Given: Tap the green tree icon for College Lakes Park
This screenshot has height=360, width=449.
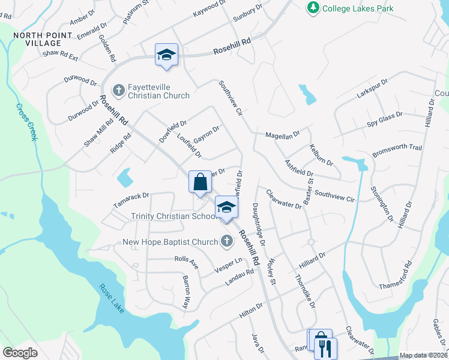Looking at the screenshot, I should tap(313, 8).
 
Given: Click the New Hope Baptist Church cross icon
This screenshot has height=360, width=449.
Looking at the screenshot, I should tap(226, 242).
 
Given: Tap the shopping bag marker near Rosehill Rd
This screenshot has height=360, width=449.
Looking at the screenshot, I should tap(200, 182).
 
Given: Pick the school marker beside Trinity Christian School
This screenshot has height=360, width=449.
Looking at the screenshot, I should tap(226, 208).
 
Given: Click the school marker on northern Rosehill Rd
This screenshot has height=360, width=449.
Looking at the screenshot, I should tap(166, 55).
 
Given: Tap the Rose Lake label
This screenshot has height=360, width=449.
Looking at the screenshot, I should tap(112, 298).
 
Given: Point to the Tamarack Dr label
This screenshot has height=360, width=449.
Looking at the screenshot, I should tap(131, 200).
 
